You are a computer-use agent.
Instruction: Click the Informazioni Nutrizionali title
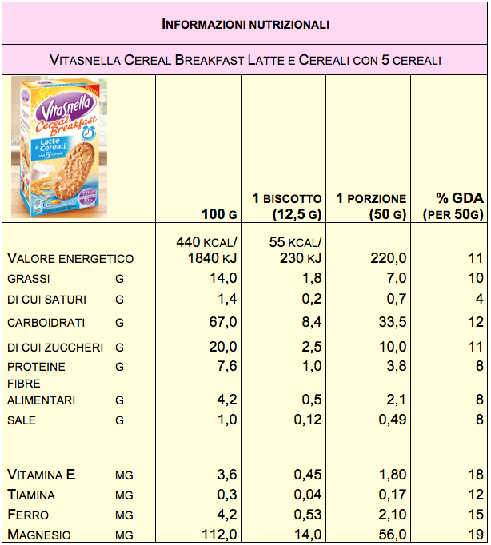point(245,25)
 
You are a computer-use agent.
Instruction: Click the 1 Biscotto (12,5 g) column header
point(286,206)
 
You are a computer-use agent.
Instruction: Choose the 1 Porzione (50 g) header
point(370,206)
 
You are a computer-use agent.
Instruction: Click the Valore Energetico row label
point(70,258)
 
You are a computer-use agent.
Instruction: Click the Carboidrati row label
point(46,323)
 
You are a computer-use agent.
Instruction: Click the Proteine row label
point(37,367)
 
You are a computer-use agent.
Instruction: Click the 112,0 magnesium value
point(219,535)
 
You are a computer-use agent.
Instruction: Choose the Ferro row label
point(28,515)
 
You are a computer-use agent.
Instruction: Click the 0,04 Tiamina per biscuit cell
point(308,495)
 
